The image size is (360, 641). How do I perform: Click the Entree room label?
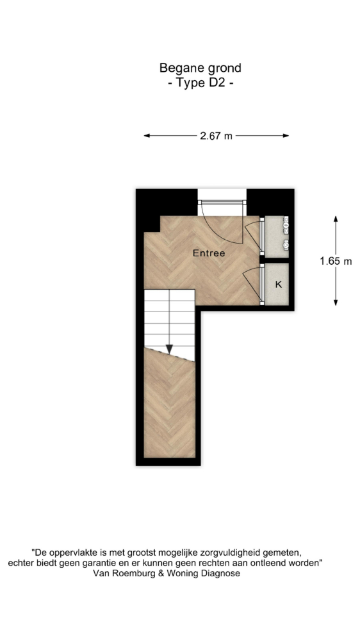point(208,253)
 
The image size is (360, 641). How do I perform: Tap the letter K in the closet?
point(278,285)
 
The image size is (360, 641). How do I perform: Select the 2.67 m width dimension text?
point(216,136)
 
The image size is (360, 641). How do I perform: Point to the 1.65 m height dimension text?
point(336,261)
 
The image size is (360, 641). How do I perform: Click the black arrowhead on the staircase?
point(169,349)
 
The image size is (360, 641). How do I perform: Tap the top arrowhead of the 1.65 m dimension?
point(336,219)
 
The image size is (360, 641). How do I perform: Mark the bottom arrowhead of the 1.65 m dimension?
point(336,302)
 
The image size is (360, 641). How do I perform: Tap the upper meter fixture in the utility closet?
point(286,224)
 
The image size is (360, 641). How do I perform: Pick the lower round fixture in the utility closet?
point(286,246)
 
